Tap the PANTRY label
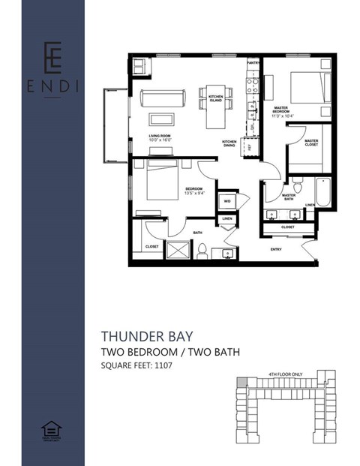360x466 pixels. (253, 63)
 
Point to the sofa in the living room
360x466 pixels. (160, 98)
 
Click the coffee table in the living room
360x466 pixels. (160, 119)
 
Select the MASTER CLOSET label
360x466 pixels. (310, 142)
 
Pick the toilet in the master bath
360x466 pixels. (297, 184)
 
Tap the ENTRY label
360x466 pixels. (276, 249)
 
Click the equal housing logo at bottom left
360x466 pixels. (52, 431)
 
